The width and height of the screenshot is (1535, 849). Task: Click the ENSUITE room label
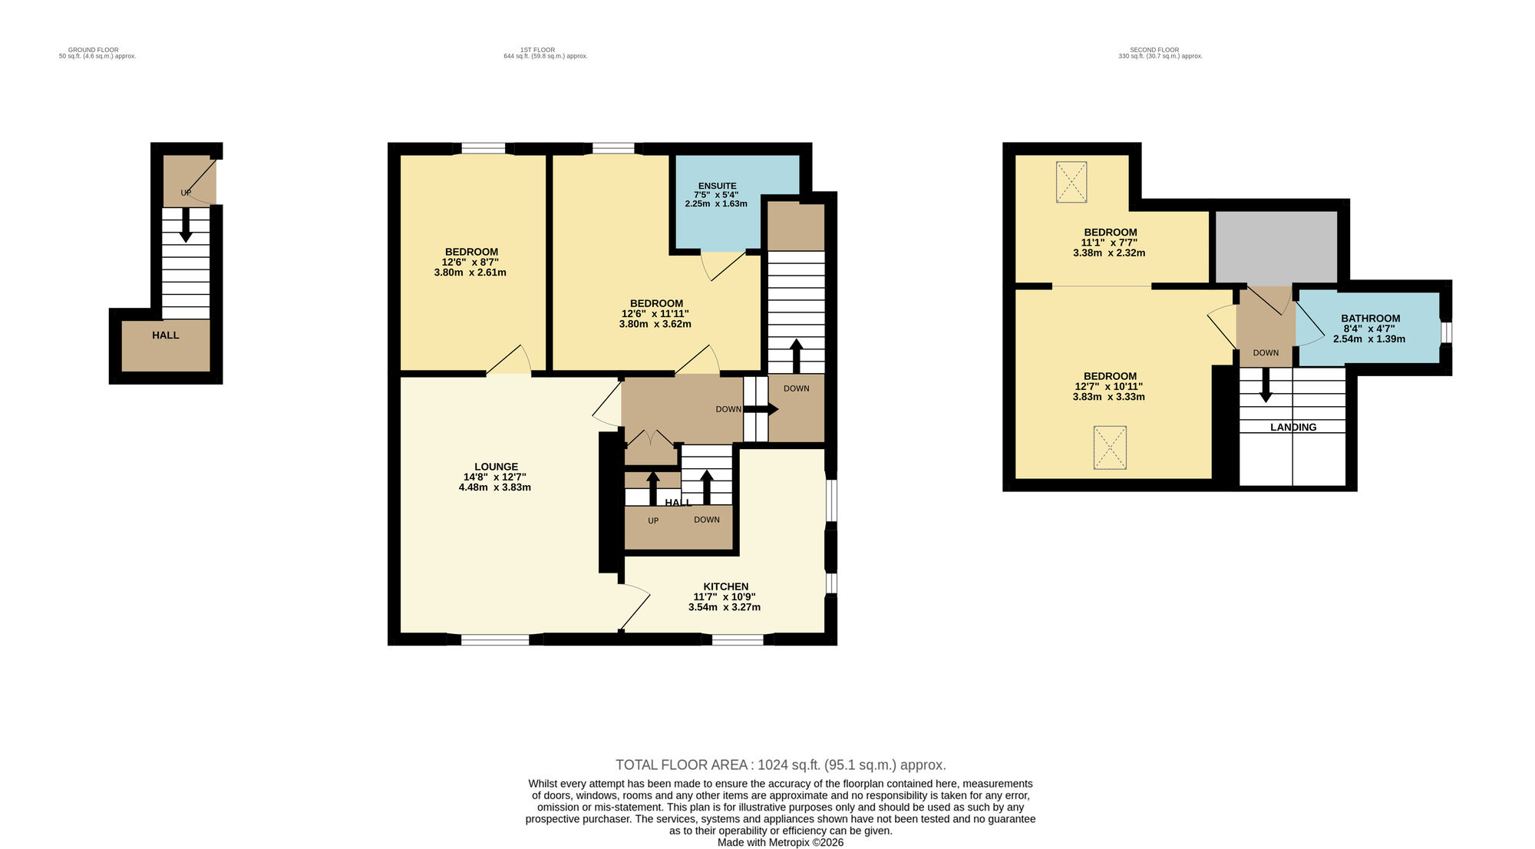(x=717, y=186)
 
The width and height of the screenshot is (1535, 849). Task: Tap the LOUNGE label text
(x=496, y=467)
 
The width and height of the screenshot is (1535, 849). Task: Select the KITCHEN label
(x=725, y=586)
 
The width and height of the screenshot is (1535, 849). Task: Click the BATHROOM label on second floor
(x=1370, y=319)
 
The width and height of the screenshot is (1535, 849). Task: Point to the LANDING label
(x=1292, y=428)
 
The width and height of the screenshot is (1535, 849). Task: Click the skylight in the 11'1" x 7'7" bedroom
(x=1071, y=182)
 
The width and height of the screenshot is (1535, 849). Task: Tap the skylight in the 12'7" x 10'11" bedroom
(x=1110, y=448)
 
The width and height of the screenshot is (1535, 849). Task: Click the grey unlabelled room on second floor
(x=1276, y=246)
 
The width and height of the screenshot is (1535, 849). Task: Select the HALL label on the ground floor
(x=165, y=335)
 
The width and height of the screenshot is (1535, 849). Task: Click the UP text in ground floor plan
(x=186, y=193)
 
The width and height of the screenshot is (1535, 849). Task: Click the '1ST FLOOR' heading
(x=537, y=50)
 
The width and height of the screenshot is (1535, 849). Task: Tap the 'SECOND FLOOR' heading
(x=1154, y=50)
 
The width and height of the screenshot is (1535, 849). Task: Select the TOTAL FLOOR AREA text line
(x=780, y=765)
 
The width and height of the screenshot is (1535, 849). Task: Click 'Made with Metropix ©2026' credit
(x=780, y=842)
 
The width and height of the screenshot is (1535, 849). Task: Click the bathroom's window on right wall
(x=1445, y=332)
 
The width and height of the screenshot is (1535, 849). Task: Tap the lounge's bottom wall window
(x=494, y=639)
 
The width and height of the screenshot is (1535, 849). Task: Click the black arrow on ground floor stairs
(x=185, y=226)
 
